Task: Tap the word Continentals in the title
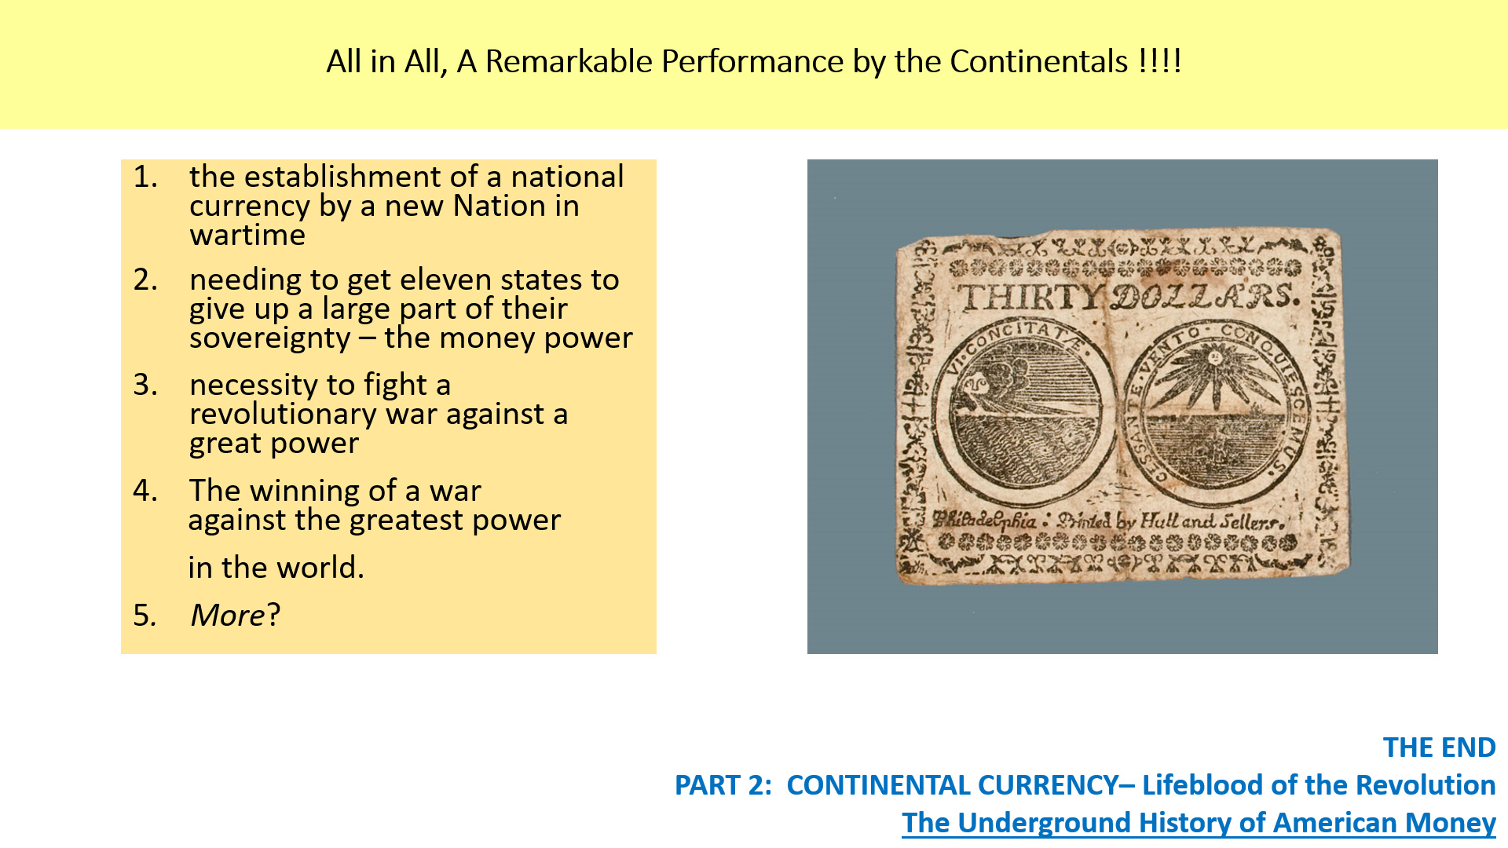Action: point(1038,61)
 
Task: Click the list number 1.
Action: point(145,177)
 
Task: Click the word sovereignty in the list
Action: point(270,338)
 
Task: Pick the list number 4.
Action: point(145,491)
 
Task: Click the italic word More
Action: point(227,615)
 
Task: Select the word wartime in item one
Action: point(247,236)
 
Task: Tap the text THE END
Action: point(1439,747)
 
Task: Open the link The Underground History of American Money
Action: point(1199,823)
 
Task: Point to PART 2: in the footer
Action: point(723,785)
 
